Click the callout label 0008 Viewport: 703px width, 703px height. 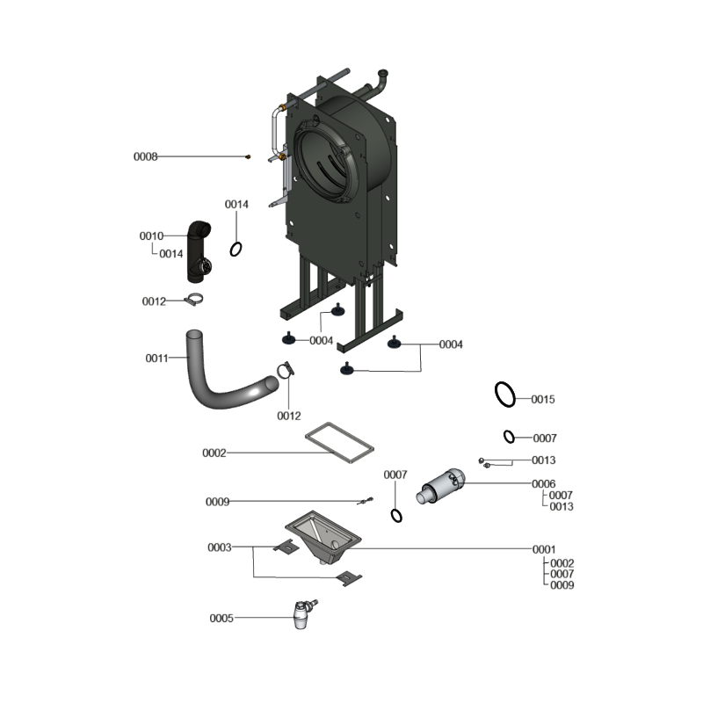[146, 156]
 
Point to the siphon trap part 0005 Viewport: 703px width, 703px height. [303, 615]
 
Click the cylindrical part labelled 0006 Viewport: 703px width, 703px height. [441, 487]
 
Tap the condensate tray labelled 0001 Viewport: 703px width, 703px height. [323, 536]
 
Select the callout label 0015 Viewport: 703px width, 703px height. [543, 399]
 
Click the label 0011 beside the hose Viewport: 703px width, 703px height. [157, 358]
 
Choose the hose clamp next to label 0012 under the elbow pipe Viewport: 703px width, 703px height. [194, 300]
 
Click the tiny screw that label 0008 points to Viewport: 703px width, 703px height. [248, 157]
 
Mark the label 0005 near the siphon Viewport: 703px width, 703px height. [221, 619]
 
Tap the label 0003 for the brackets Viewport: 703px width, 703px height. [219, 547]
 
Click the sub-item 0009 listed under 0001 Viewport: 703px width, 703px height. [562, 585]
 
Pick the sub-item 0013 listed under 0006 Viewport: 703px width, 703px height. [562, 507]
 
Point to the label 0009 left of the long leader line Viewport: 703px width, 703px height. [217, 502]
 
